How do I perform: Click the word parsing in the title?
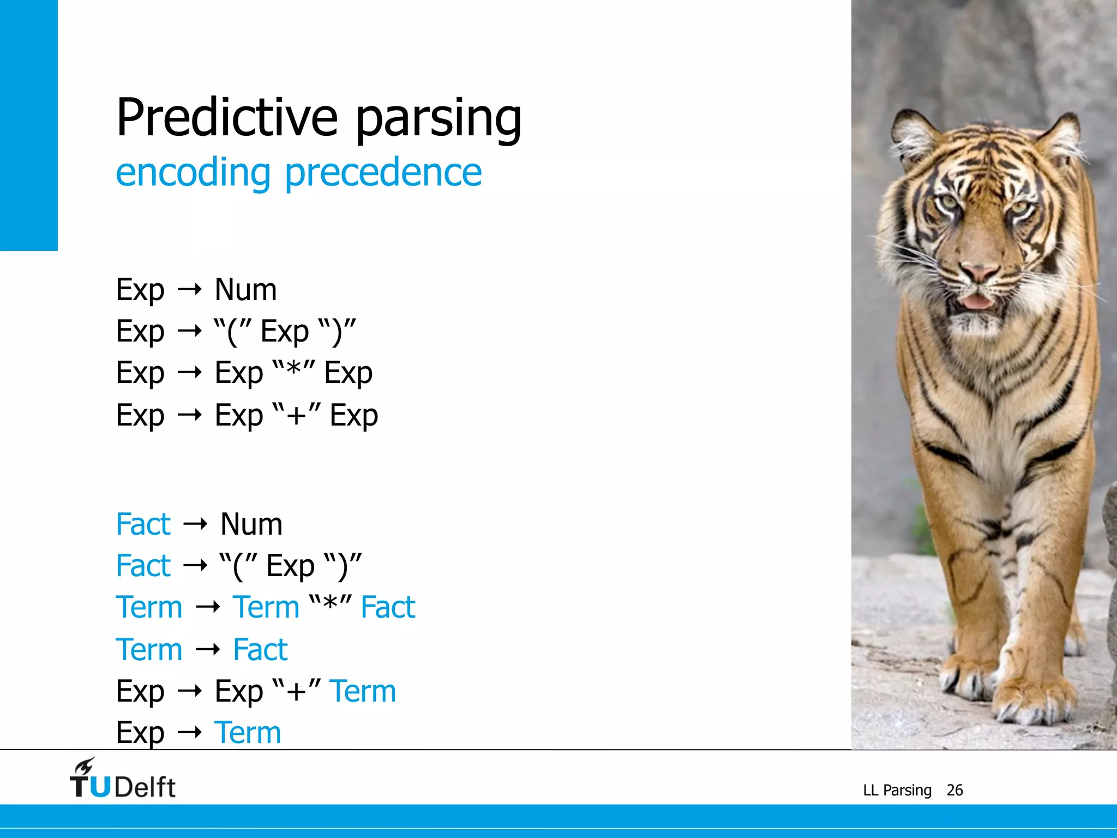(x=439, y=120)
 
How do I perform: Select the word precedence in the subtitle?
(x=383, y=173)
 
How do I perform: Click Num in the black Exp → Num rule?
(x=245, y=290)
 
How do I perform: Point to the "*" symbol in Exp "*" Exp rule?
(x=293, y=372)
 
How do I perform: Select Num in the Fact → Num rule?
(x=251, y=524)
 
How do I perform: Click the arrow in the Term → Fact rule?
(x=207, y=649)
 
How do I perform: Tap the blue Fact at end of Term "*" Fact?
(x=388, y=607)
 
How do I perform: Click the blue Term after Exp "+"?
(x=363, y=691)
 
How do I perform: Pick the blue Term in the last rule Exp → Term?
(x=248, y=733)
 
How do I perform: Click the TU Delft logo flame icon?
(x=85, y=766)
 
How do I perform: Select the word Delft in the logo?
(x=145, y=787)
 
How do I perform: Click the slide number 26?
(x=954, y=790)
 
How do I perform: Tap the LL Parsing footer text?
(x=897, y=790)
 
